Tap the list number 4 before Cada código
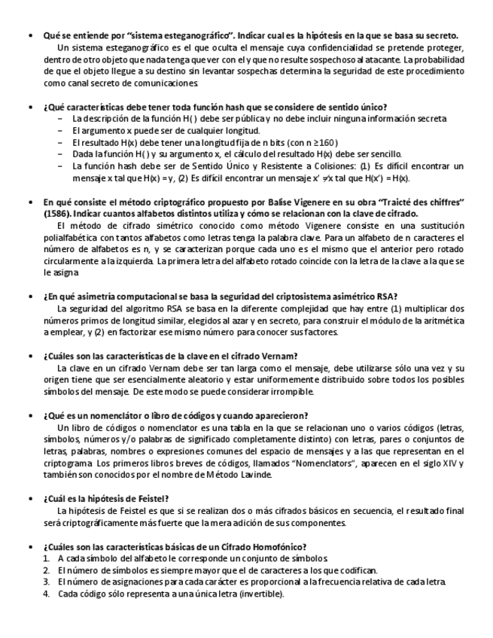point(47,594)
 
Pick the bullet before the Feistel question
point(29,500)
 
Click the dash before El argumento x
point(60,130)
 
